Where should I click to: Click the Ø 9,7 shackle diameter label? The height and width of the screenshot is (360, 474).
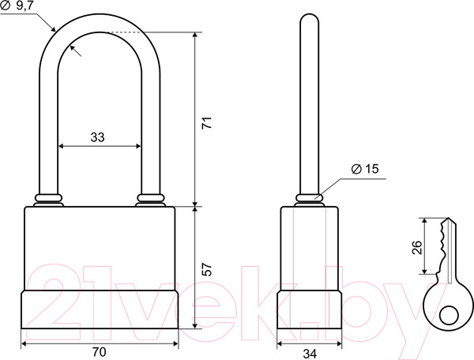[17, 6]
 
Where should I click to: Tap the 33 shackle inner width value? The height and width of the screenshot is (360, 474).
[97, 137]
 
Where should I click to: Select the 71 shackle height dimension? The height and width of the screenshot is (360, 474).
[207, 122]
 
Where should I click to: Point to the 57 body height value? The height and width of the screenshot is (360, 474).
[207, 270]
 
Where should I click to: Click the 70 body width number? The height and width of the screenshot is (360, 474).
[100, 352]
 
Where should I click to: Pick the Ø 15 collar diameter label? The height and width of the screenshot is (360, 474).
[365, 169]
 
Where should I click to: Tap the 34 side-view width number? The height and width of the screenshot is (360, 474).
[310, 354]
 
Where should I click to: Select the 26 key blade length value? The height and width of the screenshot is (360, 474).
[417, 247]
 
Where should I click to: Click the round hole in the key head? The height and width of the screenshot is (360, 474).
[449, 316]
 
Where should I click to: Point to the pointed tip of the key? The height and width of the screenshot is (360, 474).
[449, 219]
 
